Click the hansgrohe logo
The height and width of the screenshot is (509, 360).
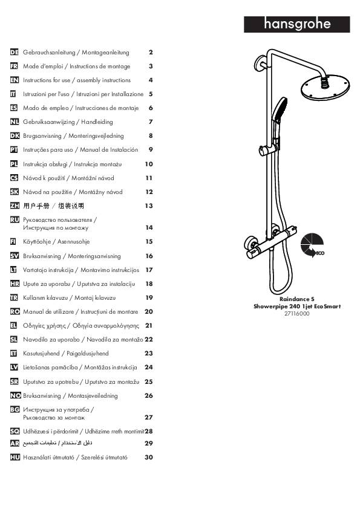[x=296, y=24]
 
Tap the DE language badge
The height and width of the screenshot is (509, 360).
[x=15, y=52]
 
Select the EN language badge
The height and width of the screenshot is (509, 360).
[x=15, y=80]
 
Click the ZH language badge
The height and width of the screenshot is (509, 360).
[x=15, y=206]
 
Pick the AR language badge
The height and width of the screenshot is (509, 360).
[x=15, y=443]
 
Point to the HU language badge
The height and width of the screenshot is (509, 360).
[x=15, y=457]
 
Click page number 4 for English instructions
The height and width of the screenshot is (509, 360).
[x=151, y=80]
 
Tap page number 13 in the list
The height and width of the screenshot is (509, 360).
[x=149, y=206]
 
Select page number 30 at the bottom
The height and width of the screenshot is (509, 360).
[x=149, y=457]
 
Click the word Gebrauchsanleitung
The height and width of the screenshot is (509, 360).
[x=49, y=52]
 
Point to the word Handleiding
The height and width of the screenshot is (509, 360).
[x=97, y=122]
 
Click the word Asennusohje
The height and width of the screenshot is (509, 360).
[x=73, y=242]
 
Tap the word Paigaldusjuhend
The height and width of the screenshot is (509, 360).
[x=88, y=354]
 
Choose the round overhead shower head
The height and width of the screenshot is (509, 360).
[x=326, y=87]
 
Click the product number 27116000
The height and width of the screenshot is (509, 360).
[x=297, y=314]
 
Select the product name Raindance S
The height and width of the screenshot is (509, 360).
[x=297, y=299]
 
